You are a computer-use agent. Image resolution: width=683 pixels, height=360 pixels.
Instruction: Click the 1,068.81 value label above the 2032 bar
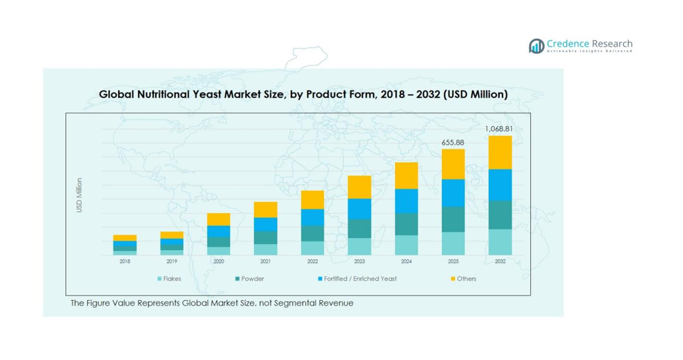click(x=500, y=129)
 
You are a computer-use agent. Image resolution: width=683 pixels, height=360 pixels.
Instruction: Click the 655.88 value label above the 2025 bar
click(x=453, y=142)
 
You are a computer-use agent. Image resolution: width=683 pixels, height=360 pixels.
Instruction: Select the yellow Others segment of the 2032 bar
click(x=500, y=153)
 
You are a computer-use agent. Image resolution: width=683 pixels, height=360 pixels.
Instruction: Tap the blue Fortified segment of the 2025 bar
click(x=453, y=193)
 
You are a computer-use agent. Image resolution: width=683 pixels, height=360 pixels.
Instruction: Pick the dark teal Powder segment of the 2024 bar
click(x=406, y=224)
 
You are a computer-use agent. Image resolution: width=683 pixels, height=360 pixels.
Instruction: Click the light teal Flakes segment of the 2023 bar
click(x=359, y=246)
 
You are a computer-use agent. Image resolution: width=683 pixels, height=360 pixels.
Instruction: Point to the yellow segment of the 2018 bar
click(x=125, y=237)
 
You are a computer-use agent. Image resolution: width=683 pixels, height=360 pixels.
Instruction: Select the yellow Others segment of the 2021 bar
click(x=265, y=209)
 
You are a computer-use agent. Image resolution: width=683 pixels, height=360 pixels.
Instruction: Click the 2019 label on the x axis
click(x=171, y=262)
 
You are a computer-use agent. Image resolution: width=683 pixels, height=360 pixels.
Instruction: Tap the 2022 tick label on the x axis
click(x=313, y=262)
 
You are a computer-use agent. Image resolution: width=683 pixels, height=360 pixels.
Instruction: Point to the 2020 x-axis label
click(x=219, y=262)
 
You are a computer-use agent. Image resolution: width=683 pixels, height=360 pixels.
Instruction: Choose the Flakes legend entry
click(x=169, y=279)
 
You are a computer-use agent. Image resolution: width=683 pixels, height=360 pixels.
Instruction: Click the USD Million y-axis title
click(x=79, y=195)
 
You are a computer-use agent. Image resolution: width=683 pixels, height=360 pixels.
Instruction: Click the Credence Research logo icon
click(x=536, y=46)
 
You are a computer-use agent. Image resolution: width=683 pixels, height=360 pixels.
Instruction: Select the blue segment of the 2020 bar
click(x=219, y=231)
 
